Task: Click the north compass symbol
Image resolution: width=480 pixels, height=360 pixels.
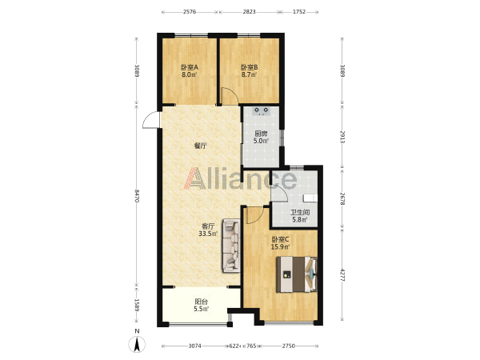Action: tap(137, 343)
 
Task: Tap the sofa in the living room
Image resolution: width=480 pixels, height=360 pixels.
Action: tap(231, 246)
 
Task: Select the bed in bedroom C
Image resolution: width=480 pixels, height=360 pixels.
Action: tap(297, 274)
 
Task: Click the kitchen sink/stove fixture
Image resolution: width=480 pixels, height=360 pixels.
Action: tap(261, 111)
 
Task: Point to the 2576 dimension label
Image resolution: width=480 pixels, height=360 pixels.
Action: tap(190, 12)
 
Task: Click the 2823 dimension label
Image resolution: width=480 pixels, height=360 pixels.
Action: tap(249, 12)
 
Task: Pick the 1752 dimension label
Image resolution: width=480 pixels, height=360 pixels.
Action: tap(299, 12)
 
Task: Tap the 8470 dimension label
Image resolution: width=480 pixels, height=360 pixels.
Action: tap(137, 196)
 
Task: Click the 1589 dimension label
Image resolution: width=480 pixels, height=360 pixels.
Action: tap(137, 306)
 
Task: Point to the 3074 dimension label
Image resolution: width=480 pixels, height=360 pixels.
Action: tap(194, 346)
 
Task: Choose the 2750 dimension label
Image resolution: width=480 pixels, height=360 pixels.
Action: tap(288, 346)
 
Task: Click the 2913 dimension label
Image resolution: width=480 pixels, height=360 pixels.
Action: tap(342, 137)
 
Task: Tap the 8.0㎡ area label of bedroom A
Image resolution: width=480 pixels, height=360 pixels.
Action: tap(189, 74)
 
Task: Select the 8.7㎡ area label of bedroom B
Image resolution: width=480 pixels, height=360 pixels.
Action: tap(249, 74)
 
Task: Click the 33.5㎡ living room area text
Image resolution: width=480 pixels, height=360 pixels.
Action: tap(208, 234)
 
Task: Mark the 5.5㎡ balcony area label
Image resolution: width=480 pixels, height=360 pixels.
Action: tap(201, 309)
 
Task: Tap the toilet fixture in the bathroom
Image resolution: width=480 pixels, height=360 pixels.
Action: tap(310, 198)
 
